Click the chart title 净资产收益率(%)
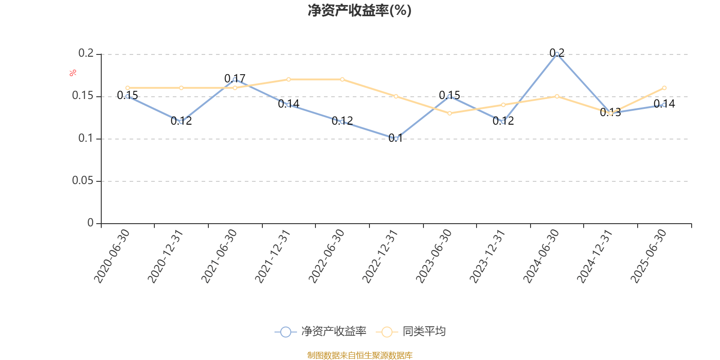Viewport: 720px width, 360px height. pyautogui.click(x=360, y=10)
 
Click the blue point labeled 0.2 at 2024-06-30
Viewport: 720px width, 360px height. pyautogui.click(x=557, y=54)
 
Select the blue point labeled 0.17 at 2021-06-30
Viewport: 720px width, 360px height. pyautogui.click(x=235, y=79)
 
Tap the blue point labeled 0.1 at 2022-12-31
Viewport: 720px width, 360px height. pyautogui.click(x=396, y=139)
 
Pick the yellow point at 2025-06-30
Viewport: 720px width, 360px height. pyautogui.click(x=664, y=88)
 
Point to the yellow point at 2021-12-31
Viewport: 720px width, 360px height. pyautogui.click(x=288, y=79)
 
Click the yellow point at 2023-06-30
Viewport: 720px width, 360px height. pyautogui.click(x=450, y=113)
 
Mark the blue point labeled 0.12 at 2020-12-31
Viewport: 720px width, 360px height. pyautogui.click(x=181, y=121)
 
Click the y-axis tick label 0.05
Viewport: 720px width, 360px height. pyautogui.click(x=83, y=181)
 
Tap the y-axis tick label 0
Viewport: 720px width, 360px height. pyautogui.click(x=90, y=223)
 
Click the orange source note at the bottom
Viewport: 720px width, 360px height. pyautogui.click(x=360, y=355)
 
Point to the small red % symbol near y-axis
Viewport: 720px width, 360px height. pyautogui.click(x=73, y=73)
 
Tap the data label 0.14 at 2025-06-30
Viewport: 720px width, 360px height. pyautogui.click(x=664, y=104)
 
